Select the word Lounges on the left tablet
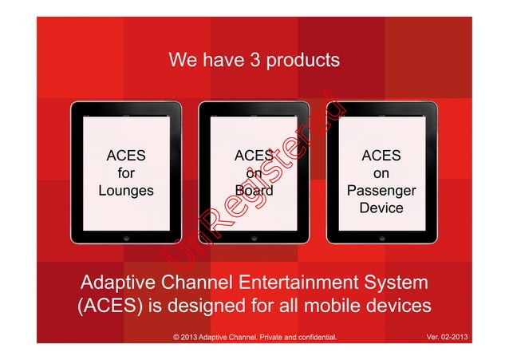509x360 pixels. click(x=126, y=191)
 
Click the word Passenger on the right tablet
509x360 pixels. click(x=381, y=192)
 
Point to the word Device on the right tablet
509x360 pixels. click(x=381, y=208)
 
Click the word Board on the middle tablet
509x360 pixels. click(x=254, y=191)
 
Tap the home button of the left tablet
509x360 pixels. click(x=126, y=238)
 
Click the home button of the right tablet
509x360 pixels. click(x=381, y=238)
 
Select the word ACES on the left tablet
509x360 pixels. click(x=126, y=156)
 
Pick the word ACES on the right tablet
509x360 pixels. click(x=381, y=156)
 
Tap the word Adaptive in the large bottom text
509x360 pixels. click(x=119, y=283)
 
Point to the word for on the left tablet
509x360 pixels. click(x=126, y=173)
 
